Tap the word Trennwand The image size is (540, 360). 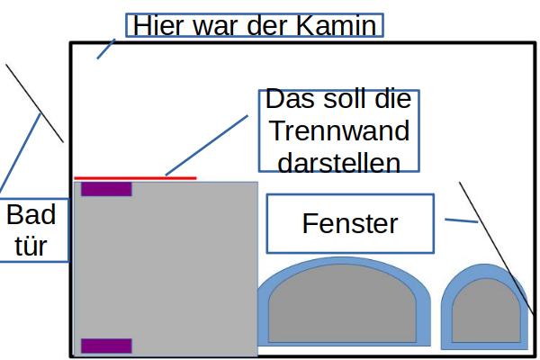click(339, 131)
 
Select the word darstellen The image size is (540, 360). click(339, 163)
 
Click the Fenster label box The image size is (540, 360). click(350, 223)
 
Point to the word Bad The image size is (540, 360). click(31, 215)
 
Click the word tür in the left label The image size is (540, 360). click(31, 246)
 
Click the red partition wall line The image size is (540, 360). click(135, 178)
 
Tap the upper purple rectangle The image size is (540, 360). click(106, 189)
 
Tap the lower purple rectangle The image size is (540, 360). click(106, 346)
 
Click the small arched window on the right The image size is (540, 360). click(484, 310)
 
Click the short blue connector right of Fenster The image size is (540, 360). click(461, 220)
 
